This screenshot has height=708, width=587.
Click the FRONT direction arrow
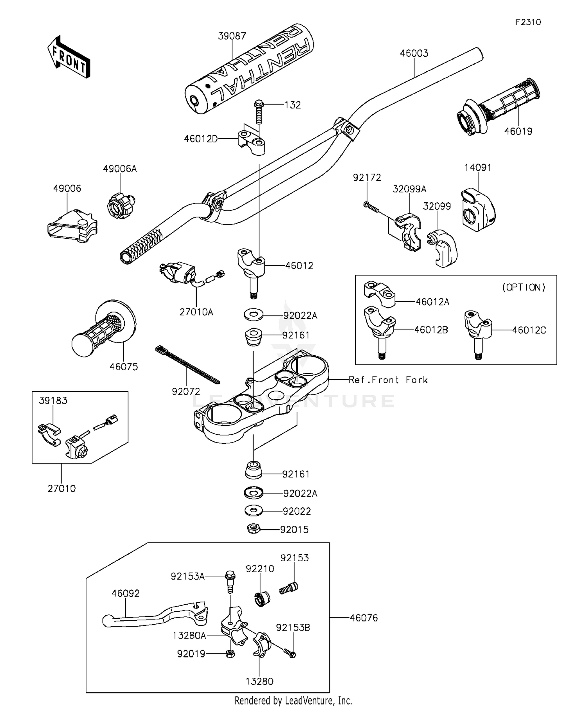pyautogui.click(x=68, y=57)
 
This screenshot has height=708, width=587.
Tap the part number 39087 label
pyautogui.click(x=232, y=36)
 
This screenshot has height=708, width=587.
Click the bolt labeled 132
pyautogui.click(x=258, y=112)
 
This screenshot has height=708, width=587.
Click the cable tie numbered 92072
pyautogui.click(x=187, y=364)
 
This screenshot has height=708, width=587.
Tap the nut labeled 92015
pyautogui.click(x=254, y=529)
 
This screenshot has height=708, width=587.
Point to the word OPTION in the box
pyautogui.click(x=524, y=287)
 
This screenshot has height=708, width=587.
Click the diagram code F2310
pyautogui.click(x=528, y=22)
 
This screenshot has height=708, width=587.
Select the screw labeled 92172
pyautogui.click(x=371, y=207)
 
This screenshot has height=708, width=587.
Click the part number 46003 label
pyautogui.click(x=414, y=53)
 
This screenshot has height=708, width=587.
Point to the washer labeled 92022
pyautogui.click(x=254, y=511)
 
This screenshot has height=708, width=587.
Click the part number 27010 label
pyautogui.click(x=61, y=488)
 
